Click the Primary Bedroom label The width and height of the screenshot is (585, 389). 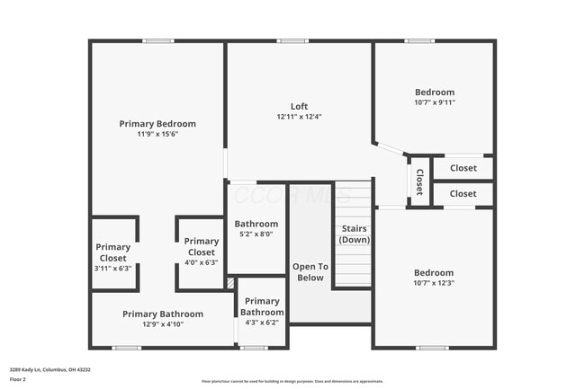click(x=157, y=124)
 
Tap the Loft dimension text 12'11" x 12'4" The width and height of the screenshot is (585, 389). click(x=299, y=117)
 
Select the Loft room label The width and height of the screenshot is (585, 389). click(x=299, y=106)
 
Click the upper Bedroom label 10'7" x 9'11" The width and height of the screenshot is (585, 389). click(x=434, y=92)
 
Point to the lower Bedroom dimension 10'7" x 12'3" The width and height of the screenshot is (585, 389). click(x=434, y=283)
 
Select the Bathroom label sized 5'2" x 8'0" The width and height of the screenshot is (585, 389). click(x=256, y=224)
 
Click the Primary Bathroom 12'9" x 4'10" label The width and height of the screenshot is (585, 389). click(x=163, y=314)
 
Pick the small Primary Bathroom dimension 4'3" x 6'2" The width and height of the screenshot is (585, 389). click(x=262, y=322)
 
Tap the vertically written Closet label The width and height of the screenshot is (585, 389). click(x=419, y=182)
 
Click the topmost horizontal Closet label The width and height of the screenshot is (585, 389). click(x=463, y=168)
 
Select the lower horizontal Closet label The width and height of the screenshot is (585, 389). click(x=463, y=193)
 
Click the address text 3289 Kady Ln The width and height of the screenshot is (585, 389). click(x=49, y=369)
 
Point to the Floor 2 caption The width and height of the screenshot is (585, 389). click(x=19, y=379)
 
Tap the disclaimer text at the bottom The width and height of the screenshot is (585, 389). click(x=292, y=381)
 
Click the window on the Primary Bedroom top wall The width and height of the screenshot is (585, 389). click(x=158, y=40)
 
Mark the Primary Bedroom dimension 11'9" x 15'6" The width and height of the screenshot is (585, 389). click(x=157, y=134)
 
